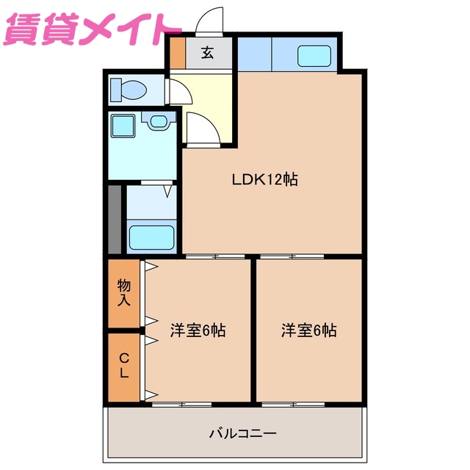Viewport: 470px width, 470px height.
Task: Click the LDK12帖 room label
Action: coord(264,178)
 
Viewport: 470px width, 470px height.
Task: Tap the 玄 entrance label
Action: coord(208,53)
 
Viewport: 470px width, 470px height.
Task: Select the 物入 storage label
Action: coord(123,293)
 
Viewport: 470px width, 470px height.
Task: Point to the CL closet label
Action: coord(123,366)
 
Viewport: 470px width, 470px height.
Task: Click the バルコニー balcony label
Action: coord(243,433)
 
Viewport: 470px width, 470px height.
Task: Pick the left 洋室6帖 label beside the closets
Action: coord(198,330)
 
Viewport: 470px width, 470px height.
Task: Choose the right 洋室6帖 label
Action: coord(308,330)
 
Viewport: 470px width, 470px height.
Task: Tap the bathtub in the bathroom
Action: coord(151,237)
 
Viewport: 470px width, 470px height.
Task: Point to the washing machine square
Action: coord(122,126)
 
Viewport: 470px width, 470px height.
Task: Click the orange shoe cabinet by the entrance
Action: coord(178,54)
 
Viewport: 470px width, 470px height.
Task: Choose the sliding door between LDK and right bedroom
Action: coord(292,256)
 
